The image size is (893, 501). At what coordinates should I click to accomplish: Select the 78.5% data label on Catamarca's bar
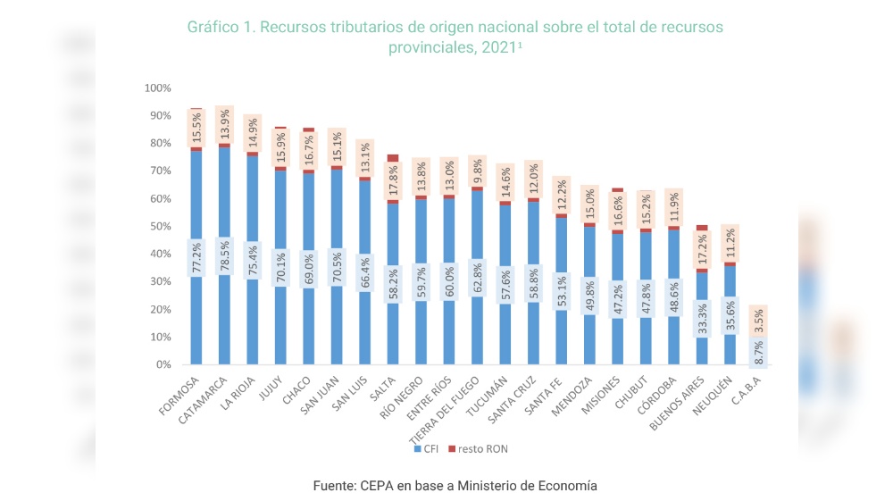point(223,257)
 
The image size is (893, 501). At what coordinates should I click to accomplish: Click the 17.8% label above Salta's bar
point(393,181)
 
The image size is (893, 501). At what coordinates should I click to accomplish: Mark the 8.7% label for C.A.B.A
point(758,351)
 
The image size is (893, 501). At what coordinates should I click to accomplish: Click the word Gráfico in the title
point(214,27)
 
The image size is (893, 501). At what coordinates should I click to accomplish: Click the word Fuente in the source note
point(333,486)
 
